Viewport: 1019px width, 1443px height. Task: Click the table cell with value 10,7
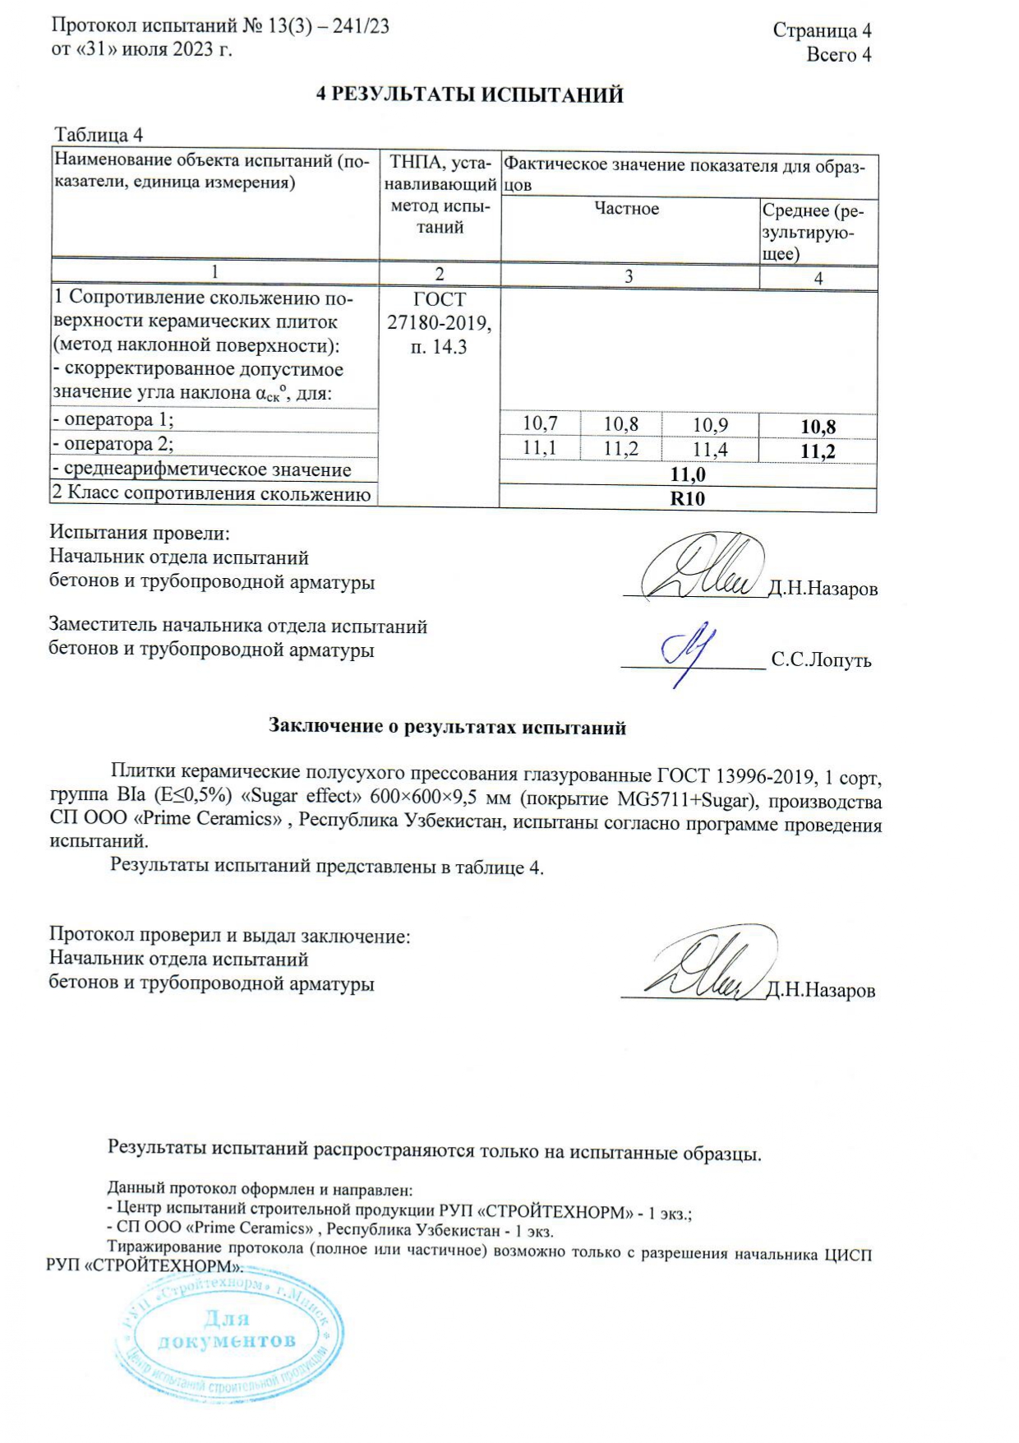click(x=540, y=423)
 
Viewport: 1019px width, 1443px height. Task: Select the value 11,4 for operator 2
click(x=710, y=449)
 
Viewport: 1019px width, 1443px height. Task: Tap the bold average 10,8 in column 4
click(x=818, y=426)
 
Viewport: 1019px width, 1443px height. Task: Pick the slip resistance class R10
click(x=688, y=499)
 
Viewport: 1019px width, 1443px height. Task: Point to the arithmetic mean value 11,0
click(x=688, y=474)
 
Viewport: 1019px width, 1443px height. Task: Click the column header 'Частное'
click(x=627, y=209)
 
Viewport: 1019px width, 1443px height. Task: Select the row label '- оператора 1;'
click(x=114, y=420)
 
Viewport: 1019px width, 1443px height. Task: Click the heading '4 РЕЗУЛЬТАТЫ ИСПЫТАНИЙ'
click(x=470, y=95)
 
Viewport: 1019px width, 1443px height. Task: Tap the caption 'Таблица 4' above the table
click(x=99, y=135)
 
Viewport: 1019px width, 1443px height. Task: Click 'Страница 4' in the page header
click(x=822, y=31)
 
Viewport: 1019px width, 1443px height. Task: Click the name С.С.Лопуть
click(x=821, y=660)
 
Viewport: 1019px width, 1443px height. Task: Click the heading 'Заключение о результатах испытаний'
click(x=448, y=727)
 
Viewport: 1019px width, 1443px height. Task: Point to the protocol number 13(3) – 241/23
click(x=328, y=26)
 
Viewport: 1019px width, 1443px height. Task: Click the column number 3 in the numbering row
click(x=629, y=277)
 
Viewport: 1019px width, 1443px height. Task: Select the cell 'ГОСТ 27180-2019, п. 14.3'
click(x=440, y=323)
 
